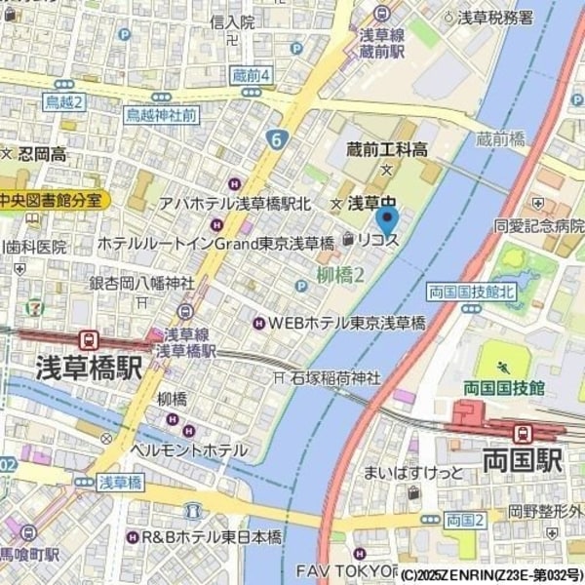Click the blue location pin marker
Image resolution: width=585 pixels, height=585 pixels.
click(x=387, y=221)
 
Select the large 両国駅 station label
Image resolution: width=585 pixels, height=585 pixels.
click(x=522, y=459)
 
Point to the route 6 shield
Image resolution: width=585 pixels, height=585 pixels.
click(x=277, y=141)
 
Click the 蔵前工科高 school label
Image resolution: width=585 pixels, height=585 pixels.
click(x=387, y=149)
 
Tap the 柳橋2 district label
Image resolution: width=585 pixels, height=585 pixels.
click(x=340, y=275)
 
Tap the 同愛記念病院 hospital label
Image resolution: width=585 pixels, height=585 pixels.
click(x=537, y=225)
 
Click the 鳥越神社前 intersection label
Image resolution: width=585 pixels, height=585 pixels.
click(x=162, y=115)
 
